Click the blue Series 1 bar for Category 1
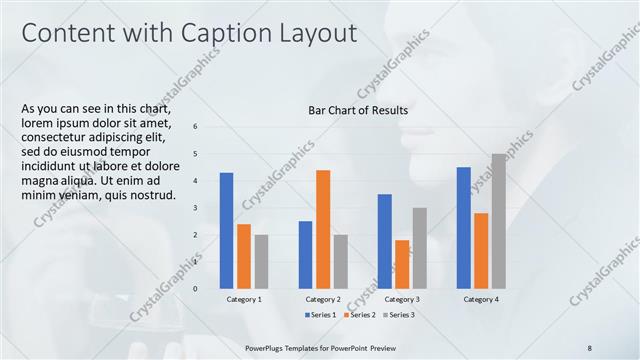[226, 231]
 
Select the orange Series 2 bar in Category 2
[323, 229]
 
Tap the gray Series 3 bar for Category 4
[498, 221]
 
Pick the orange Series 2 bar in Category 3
[402, 264]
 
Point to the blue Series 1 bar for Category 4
[464, 228]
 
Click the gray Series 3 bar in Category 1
[261, 262]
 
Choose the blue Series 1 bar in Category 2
[305, 255]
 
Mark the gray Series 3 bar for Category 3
[419, 248]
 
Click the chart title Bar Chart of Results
[357, 110]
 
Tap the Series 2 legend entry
[360, 315]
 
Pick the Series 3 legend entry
[397, 315]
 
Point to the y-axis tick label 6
[195, 126]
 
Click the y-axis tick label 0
[195, 289]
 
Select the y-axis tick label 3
[195, 207]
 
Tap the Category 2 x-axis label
[323, 299]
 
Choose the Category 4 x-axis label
[481, 299]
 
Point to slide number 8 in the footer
[589, 346]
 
